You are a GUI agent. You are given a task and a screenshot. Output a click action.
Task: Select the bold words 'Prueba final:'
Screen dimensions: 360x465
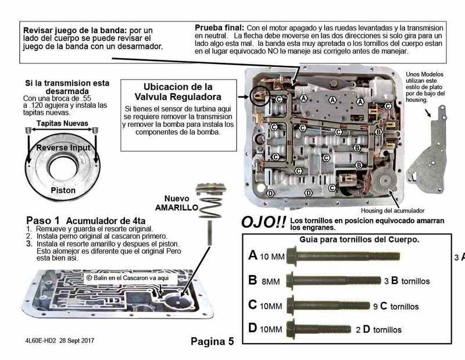[x=219, y=27]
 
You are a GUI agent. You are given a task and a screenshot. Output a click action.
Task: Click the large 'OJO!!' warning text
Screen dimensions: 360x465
[x=262, y=223]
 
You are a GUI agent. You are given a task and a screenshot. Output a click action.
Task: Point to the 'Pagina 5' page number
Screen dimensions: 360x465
[x=212, y=341]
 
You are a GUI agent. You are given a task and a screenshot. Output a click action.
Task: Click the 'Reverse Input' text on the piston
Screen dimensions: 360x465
[x=63, y=148]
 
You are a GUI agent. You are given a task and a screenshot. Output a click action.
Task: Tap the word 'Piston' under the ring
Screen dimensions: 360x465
[x=63, y=190]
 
